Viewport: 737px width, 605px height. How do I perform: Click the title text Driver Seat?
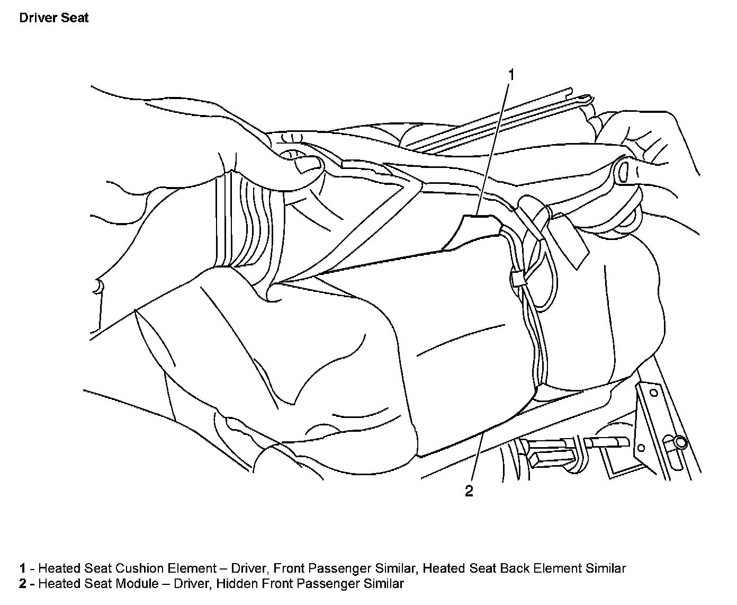point(53,18)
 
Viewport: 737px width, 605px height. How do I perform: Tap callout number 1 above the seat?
point(511,75)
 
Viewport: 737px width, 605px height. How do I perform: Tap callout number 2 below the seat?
point(469,492)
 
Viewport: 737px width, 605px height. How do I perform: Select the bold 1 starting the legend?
point(23,569)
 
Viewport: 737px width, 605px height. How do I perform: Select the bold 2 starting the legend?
point(23,584)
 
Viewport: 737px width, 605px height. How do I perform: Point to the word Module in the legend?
point(136,584)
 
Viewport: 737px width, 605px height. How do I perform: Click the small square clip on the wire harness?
point(518,278)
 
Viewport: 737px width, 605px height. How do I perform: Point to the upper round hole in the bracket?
point(653,393)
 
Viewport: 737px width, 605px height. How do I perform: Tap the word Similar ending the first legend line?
point(606,569)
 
